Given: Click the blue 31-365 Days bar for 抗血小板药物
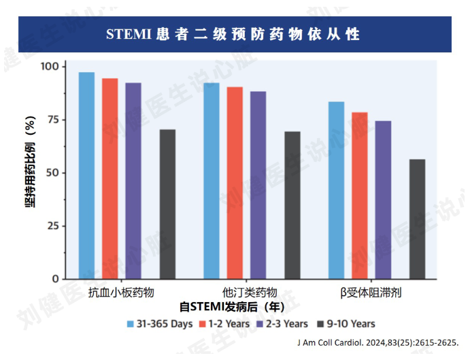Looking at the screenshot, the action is (86, 176).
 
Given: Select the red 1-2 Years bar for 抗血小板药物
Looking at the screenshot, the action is (110, 178).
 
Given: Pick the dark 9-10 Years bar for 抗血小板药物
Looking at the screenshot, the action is (167, 204).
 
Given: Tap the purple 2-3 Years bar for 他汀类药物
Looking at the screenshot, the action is (258, 185).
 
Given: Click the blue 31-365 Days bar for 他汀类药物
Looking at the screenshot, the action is (212, 181).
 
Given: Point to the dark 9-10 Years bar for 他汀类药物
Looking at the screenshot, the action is (292, 206).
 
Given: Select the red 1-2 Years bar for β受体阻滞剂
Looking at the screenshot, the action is (360, 195).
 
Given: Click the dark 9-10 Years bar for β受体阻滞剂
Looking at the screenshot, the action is (417, 219).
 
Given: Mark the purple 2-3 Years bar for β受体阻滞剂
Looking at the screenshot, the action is (383, 200).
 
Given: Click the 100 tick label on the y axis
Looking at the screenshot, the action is (50, 66).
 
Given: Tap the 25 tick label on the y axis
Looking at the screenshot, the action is (53, 226).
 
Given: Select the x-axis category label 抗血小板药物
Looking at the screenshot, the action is (121, 293).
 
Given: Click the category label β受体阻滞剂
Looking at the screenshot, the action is (371, 293).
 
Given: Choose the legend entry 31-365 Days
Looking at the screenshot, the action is (160, 324).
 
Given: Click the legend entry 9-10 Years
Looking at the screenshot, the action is (346, 324).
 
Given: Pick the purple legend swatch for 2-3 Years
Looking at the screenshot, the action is (261, 325).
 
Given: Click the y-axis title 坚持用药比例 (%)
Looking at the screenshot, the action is (30, 161).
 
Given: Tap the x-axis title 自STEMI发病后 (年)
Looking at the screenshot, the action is (232, 307).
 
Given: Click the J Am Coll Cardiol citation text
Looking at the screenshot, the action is (378, 342).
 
